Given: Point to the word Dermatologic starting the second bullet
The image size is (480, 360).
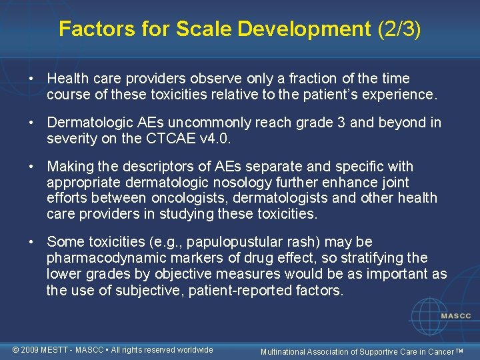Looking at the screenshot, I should (x=89, y=123).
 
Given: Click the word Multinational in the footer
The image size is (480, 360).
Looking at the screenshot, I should (x=283, y=351).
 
